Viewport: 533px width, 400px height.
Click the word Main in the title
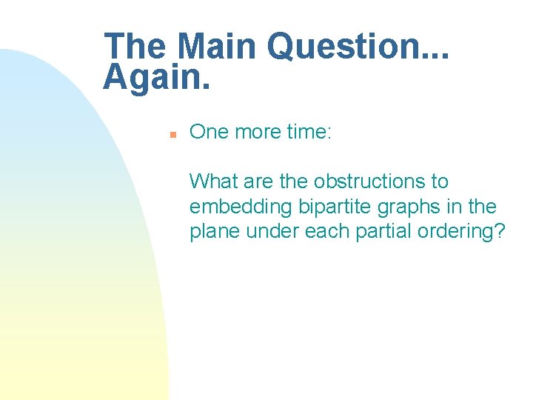(218, 47)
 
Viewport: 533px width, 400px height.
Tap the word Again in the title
(152, 77)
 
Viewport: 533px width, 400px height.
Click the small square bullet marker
(171, 135)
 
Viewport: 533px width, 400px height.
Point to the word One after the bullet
(209, 132)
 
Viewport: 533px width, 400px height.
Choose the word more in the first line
(256, 132)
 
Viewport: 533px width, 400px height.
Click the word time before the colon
(305, 132)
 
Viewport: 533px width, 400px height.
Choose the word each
(319, 232)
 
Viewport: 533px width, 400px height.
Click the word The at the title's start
(137, 47)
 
